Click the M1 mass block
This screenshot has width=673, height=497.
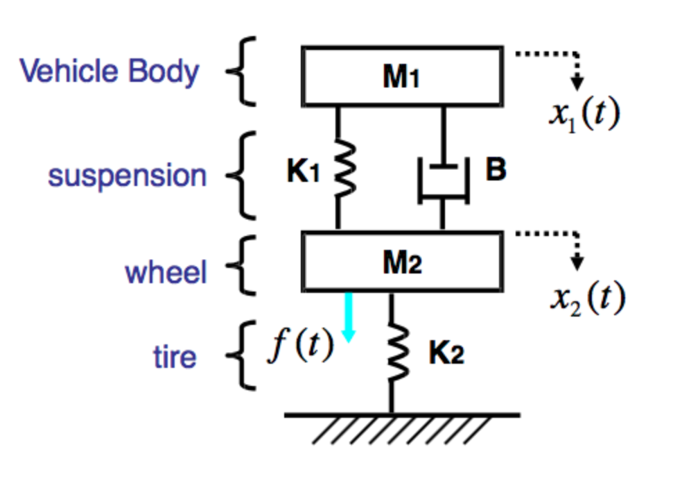click(402, 76)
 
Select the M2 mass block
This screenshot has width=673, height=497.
click(401, 262)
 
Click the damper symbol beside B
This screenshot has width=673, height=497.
click(444, 182)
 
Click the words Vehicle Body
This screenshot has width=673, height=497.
click(109, 70)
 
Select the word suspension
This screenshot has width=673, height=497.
click(127, 176)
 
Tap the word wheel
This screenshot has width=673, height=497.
click(166, 271)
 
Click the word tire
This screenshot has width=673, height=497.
click(174, 356)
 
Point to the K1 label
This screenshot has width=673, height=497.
click(304, 171)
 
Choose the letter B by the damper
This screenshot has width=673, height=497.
click(496, 169)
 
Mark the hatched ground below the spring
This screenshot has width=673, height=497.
click(402, 428)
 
